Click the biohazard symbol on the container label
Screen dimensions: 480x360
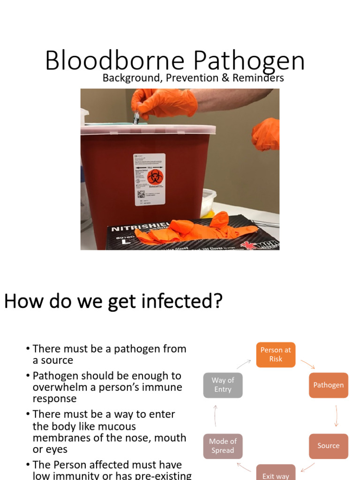153,177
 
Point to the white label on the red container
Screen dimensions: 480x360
150,180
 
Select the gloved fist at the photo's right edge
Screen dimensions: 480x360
266,134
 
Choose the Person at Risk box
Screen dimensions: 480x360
276,354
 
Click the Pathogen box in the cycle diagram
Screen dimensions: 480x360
329,385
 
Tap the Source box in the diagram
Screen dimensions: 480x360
328,446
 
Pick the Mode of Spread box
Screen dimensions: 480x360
223,446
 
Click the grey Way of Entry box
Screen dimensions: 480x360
223,385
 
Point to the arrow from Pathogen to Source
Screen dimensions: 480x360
336,415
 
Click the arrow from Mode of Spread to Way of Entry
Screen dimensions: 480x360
216,415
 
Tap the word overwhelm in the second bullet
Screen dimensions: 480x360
57,388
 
